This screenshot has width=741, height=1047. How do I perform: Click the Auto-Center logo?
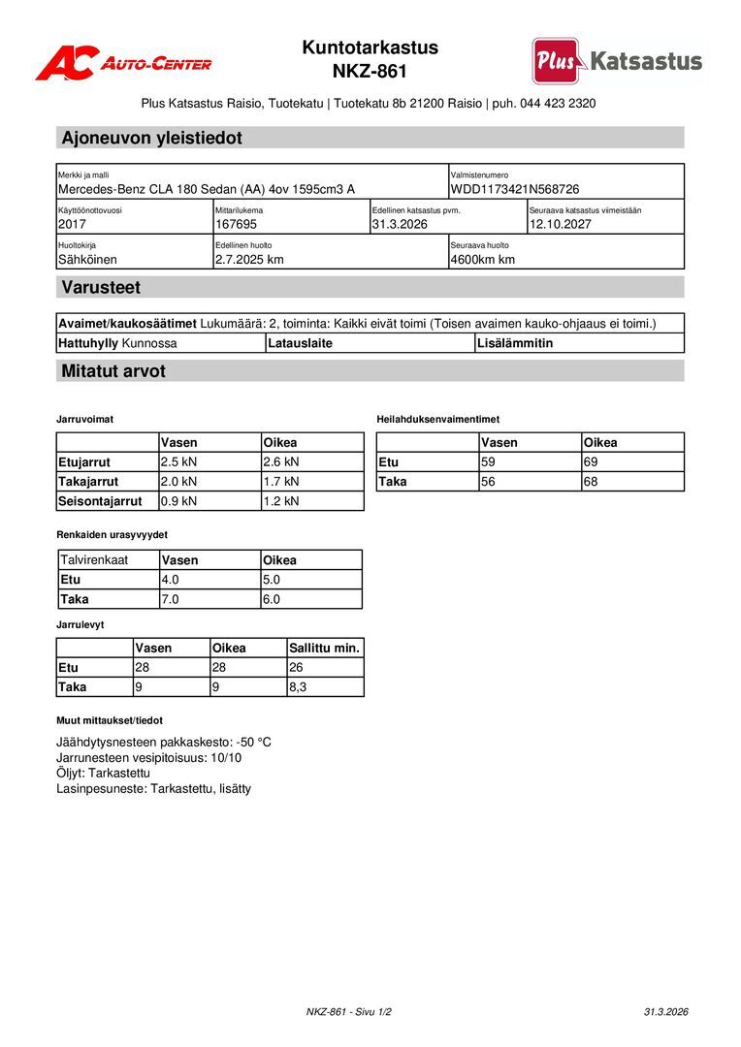[123, 63]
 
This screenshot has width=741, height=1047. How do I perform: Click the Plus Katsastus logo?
[617, 61]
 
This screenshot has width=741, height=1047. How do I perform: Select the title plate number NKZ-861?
[370, 72]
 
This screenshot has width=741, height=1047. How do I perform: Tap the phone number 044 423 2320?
[558, 103]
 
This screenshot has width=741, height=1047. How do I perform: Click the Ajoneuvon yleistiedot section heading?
[151, 138]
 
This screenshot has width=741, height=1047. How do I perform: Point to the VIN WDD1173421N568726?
[515, 189]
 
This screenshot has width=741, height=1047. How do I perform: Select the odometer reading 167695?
[236, 224]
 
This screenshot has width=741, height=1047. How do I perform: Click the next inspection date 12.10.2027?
[562, 224]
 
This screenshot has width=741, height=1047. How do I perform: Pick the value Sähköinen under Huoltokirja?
[87, 259]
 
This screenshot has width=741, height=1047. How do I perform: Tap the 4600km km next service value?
[482, 259]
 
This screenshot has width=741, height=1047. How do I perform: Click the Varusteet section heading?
[101, 287]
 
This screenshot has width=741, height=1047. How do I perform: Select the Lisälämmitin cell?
[515, 343]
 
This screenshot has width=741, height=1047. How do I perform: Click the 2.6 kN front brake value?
[281, 461]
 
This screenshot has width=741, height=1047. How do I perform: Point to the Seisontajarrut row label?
[100, 501]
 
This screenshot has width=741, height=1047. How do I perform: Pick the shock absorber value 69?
[593, 461]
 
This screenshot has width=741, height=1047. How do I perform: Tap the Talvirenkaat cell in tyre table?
[94, 560]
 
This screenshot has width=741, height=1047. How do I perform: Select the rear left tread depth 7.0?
[171, 599]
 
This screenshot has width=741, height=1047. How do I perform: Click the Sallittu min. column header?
[324, 648]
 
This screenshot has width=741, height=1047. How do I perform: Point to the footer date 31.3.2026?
[665, 1012]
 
